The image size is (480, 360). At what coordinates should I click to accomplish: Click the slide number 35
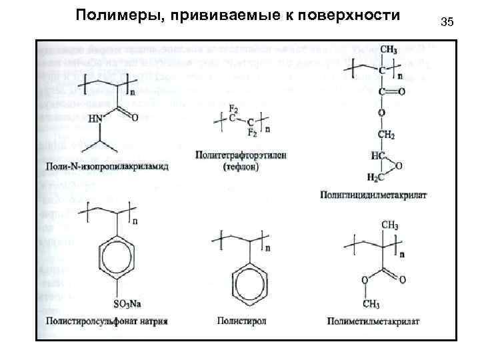(x=447, y=23)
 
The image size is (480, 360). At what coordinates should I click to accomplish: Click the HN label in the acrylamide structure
(x=96, y=119)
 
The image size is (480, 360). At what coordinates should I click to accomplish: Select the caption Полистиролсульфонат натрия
(x=107, y=321)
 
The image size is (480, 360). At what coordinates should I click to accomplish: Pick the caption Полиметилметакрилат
(x=373, y=321)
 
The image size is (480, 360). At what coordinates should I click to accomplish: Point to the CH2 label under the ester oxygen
(x=386, y=136)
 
